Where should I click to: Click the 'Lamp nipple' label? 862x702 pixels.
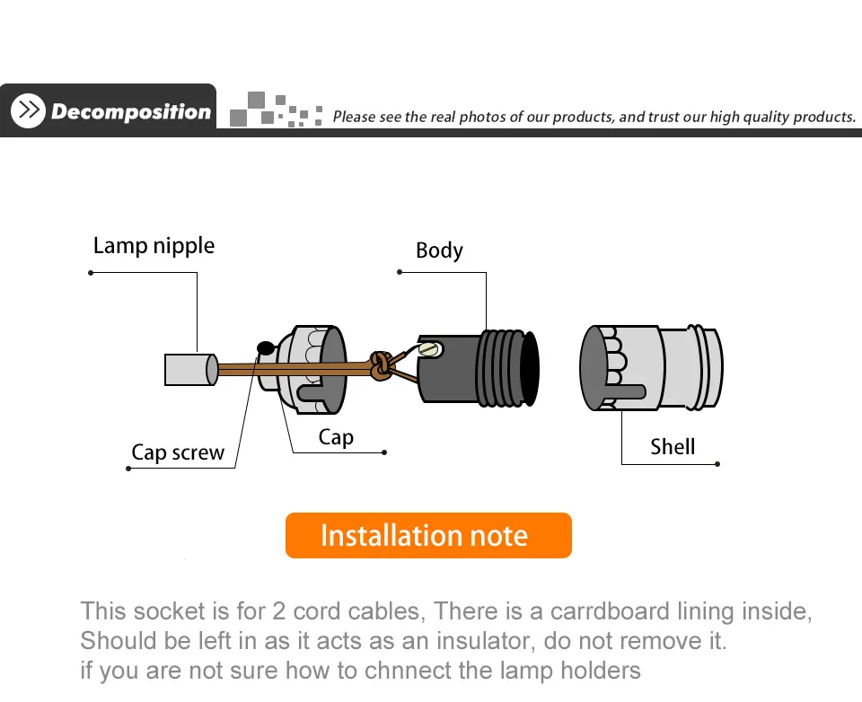(x=154, y=245)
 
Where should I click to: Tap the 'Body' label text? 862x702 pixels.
(x=439, y=250)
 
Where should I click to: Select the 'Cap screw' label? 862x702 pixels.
(x=178, y=452)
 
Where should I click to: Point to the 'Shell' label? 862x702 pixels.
(x=673, y=446)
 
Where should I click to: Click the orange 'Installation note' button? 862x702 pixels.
(x=428, y=536)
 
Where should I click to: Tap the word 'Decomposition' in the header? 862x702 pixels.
(x=131, y=111)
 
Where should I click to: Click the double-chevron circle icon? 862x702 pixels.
(x=28, y=110)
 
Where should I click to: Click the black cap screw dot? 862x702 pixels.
(x=266, y=347)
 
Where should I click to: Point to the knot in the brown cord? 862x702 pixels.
(x=381, y=364)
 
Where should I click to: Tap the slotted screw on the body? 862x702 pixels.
(x=429, y=349)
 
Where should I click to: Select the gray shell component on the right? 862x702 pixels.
(x=651, y=368)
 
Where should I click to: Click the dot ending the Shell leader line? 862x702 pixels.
(x=718, y=464)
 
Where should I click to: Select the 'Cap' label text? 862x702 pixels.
(x=336, y=437)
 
